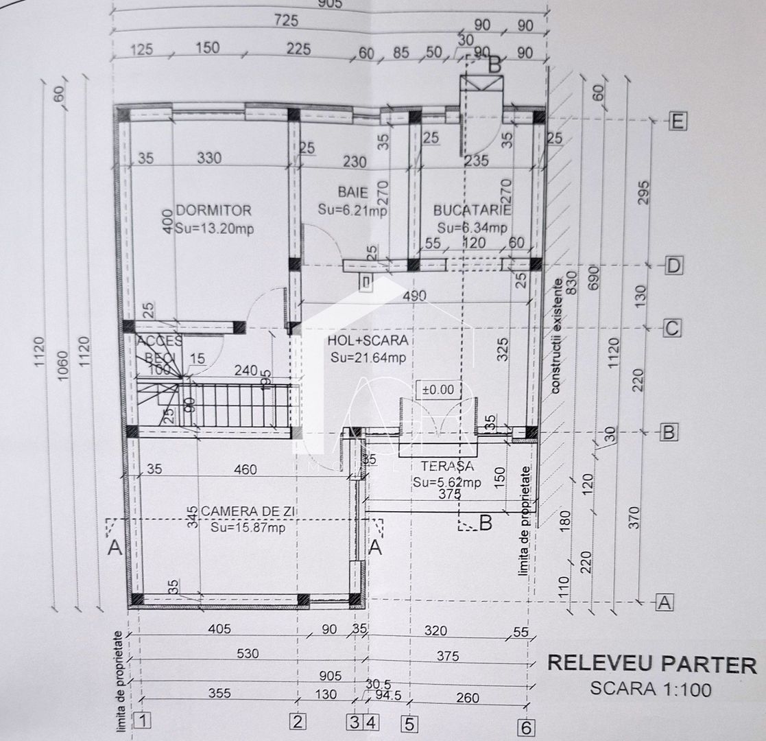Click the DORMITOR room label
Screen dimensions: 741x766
(x=214, y=210)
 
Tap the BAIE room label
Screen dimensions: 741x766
(x=352, y=191)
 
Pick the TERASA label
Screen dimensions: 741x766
(x=447, y=466)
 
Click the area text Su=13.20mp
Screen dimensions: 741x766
(x=214, y=228)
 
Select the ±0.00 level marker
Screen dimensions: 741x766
(x=438, y=389)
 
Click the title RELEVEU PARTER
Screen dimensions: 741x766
(x=651, y=663)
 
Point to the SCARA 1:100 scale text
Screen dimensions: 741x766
(x=651, y=688)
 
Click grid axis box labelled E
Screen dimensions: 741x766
(x=678, y=122)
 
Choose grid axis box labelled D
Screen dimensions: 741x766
(x=675, y=266)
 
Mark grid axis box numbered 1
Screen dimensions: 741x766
(x=142, y=720)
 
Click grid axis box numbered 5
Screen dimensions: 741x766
(x=409, y=724)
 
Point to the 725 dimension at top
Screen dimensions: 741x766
(x=286, y=21)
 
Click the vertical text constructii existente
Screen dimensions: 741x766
(x=559, y=333)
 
